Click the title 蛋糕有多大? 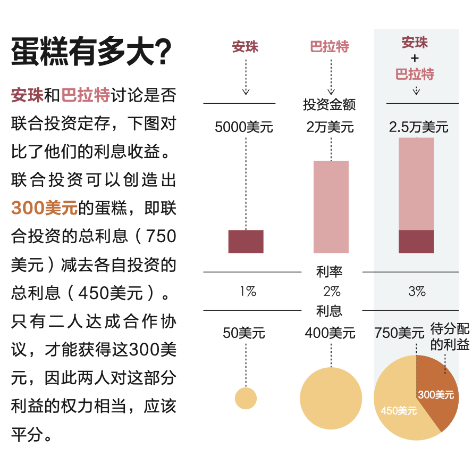point(91,52)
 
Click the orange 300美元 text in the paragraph point(44,208)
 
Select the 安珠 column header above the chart point(245,47)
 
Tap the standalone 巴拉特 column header point(330,47)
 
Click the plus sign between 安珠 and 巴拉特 point(415,58)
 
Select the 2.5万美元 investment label point(418,128)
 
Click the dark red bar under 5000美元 point(246,242)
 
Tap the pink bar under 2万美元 point(331,206)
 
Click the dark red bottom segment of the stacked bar point(416,242)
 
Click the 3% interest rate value point(417,291)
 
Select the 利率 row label point(330,272)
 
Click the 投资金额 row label point(330,104)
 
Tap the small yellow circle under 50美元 point(246,398)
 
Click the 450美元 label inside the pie point(399,411)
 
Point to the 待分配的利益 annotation point(450,337)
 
